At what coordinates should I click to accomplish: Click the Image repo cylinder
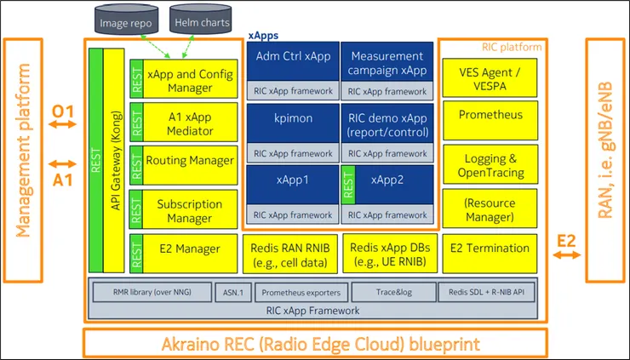(x=125, y=23)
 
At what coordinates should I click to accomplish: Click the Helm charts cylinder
(x=197, y=23)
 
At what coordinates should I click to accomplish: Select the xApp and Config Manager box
(x=192, y=80)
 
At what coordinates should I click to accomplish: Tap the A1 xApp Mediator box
(x=192, y=121)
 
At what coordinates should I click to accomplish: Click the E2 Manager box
(x=192, y=249)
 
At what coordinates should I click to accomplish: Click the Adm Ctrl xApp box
(x=292, y=57)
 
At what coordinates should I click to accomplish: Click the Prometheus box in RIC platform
(x=490, y=115)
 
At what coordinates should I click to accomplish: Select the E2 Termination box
(x=490, y=249)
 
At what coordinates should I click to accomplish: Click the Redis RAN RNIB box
(x=292, y=253)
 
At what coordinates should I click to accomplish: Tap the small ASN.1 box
(x=232, y=292)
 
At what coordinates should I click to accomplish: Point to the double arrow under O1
(x=62, y=125)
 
